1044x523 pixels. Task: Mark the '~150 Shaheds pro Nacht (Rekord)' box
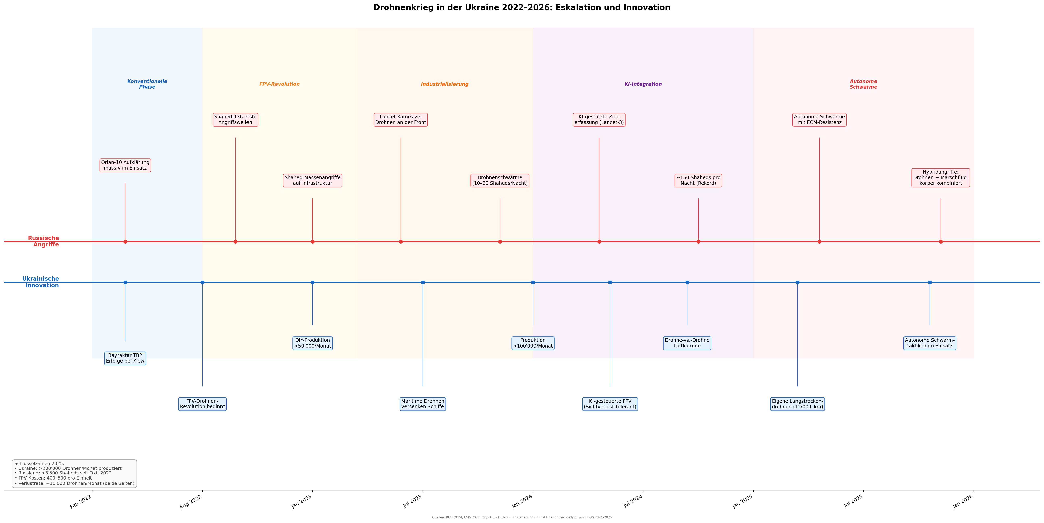pos(698,181)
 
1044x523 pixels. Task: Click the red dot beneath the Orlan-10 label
pos(125,242)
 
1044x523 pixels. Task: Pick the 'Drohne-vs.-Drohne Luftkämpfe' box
pos(687,343)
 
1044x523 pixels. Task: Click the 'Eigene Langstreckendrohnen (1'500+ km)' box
pos(797,404)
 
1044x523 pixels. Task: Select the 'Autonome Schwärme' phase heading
pos(863,84)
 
